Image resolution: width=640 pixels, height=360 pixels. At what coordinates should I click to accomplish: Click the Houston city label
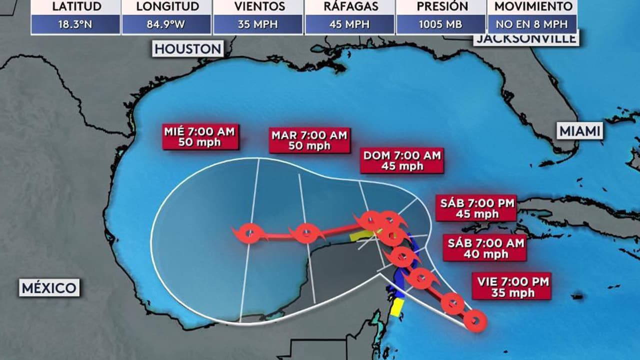click(x=187, y=48)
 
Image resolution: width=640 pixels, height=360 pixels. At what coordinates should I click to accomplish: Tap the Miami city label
click(x=580, y=131)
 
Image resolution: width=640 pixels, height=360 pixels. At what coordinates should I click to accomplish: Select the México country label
click(x=49, y=288)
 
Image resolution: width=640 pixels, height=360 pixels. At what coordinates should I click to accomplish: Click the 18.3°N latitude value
click(x=75, y=24)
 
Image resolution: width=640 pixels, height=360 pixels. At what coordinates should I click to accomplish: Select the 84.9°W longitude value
click(x=166, y=24)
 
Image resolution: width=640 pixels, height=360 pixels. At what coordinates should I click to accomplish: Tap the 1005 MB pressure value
click(x=440, y=24)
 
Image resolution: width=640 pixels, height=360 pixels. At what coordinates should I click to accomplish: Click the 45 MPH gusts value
click(x=349, y=24)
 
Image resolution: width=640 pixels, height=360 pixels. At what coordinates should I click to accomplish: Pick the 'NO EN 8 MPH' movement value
click(x=532, y=24)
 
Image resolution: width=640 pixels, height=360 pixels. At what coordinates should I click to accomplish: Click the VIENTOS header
click(x=258, y=7)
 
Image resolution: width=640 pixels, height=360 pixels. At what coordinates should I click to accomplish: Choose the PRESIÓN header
click(x=440, y=7)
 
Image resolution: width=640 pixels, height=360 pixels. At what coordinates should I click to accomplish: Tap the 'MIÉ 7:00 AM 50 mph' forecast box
click(x=200, y=137)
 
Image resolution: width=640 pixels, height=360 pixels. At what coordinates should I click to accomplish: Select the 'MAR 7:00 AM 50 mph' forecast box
click(x=309, y=140)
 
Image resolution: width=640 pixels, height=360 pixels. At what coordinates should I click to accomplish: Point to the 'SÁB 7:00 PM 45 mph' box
click(x=475, y=208)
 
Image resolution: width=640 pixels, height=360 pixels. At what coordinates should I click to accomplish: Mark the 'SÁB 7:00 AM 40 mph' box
click(x=485, y=248)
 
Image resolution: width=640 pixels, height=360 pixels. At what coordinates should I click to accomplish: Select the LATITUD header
click(x=75, y=7)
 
